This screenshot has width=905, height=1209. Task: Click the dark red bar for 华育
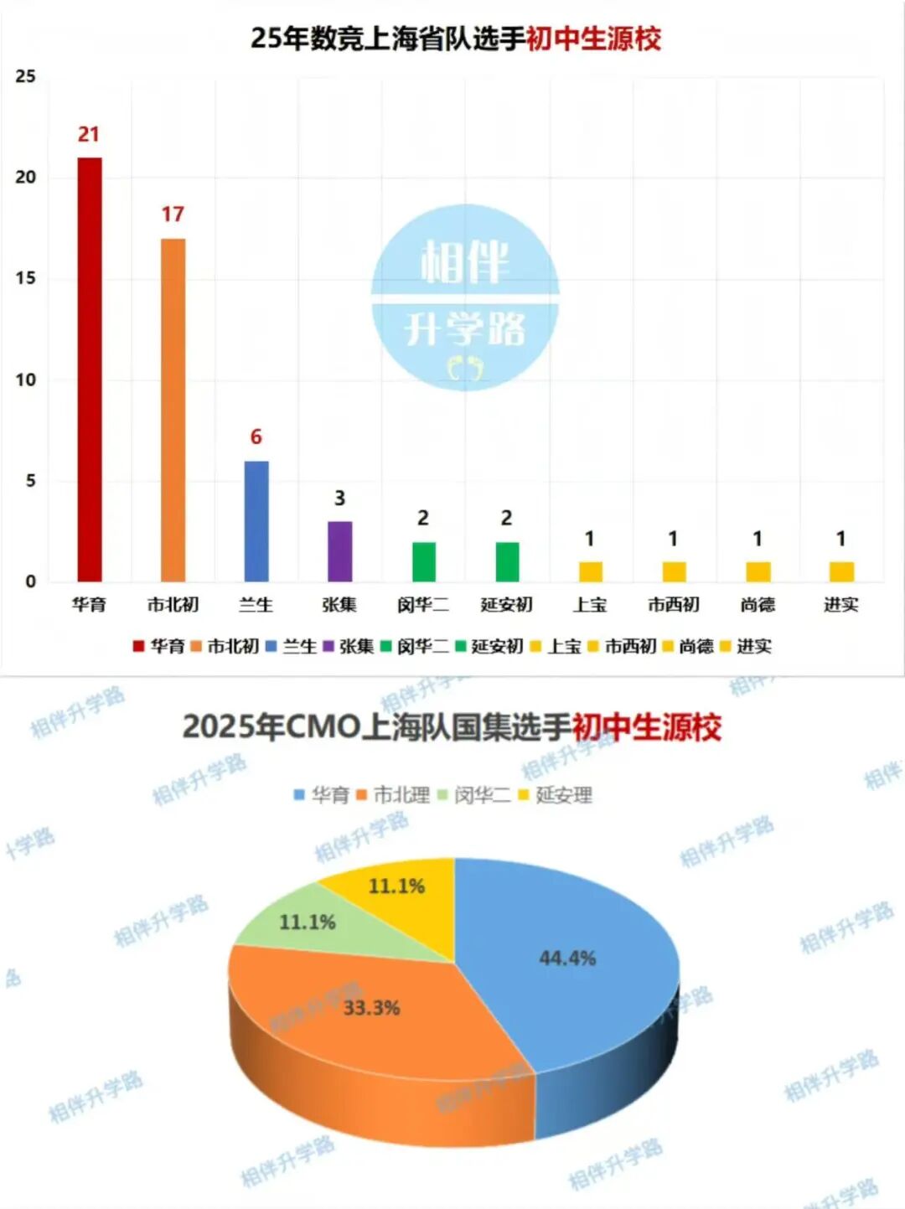[90, 369]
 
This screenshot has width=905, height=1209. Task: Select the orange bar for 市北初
[173, 410]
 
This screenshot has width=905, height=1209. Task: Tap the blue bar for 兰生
[256, 520]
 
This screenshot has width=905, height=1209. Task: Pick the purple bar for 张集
[339, 550]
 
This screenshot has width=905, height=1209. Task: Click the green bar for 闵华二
[423, 561]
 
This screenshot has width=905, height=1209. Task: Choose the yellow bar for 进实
[840, 571]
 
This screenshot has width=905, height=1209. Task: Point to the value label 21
[89, 134]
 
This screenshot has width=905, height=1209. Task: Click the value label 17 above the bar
[173, 214]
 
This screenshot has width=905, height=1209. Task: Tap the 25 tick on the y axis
[26, 76]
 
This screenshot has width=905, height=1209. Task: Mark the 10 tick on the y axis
[26, 380]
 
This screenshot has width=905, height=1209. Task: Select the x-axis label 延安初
[506, 604]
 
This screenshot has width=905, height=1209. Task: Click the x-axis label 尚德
[758, 604]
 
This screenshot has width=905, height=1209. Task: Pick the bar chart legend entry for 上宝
[556, 646]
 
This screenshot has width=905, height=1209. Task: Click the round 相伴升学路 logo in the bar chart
[465, 297]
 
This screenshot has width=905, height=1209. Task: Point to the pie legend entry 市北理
[393, 794]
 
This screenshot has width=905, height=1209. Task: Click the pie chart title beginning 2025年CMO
[452, 726]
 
